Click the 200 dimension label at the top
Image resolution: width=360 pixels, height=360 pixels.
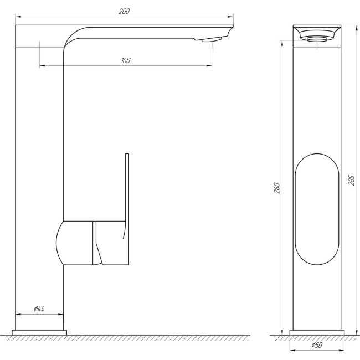pyautogui.click(x=124, y=12)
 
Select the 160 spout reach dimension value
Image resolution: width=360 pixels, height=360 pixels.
pyautogui.click(x=126, y=60)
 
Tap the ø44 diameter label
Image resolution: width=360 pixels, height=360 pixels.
pyautogui.click(x=39, y=309)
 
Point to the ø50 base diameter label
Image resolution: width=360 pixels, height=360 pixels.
pyautogui.click(x=317, y=346)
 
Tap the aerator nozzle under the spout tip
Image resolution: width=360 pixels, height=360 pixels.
pyautogui.click(x=210, y=39)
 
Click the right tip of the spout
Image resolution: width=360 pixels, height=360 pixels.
pyautogui.click(x=231, y=28)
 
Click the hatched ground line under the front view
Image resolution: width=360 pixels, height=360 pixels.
pyautogui.click(x=317, y=337)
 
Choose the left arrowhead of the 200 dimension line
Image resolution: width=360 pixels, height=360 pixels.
pyautogui.click(x=18, y=17)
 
